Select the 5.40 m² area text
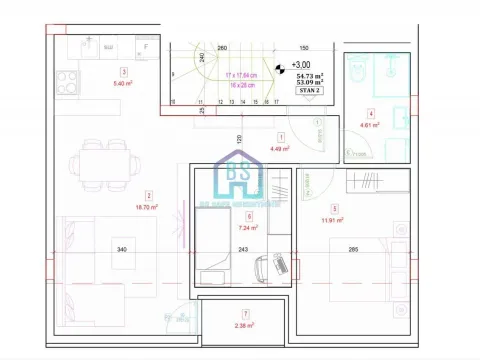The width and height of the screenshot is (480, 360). click(124, 84)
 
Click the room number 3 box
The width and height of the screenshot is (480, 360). click(123, 71)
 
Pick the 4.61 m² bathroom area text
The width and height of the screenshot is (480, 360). click(371, 126)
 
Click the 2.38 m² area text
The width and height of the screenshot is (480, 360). click(245, 325)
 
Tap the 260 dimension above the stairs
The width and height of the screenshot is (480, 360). click(222, 47)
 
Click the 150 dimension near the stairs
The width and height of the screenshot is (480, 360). click(303, 47)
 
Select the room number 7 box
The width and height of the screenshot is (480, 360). click(245, 313)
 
